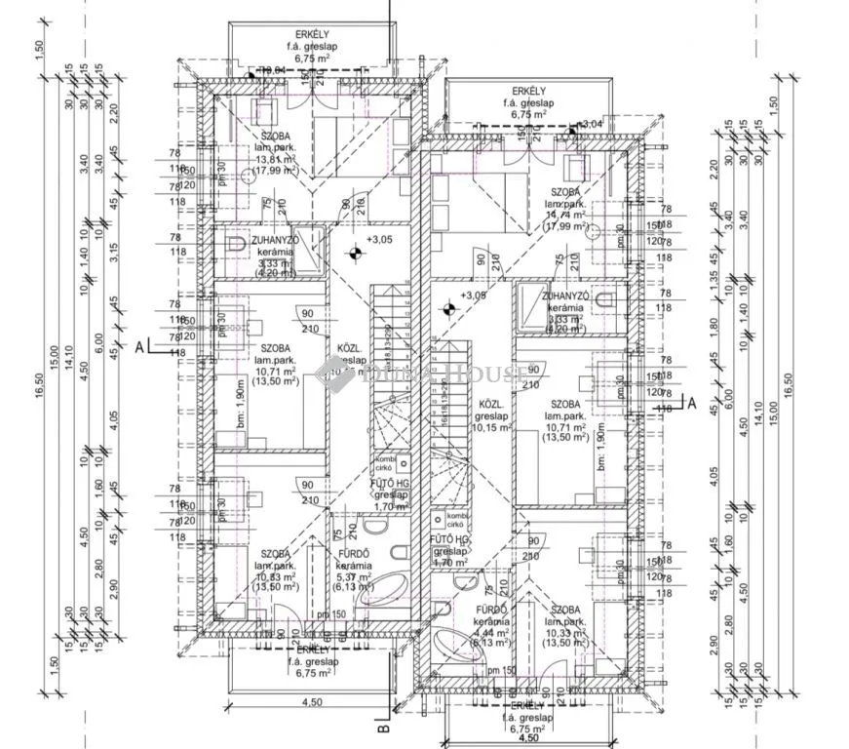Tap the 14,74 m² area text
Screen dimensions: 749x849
(x=565, y=216)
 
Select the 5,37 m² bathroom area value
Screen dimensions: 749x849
(x=354, y=576)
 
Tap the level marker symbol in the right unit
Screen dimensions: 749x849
(x=447, y=310)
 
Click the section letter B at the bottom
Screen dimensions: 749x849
(x=383, y=726)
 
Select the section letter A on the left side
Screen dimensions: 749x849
(x=140, y=346)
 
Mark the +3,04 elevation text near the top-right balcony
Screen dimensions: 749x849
(x=590, y=124)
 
